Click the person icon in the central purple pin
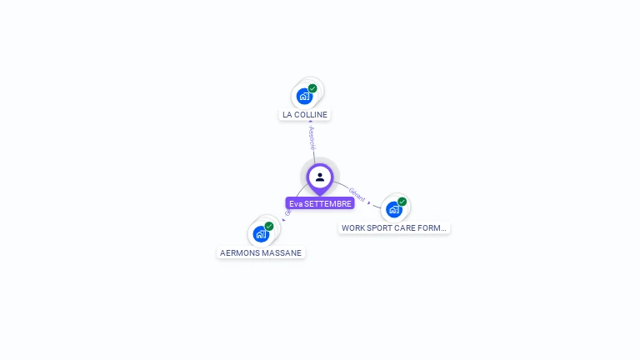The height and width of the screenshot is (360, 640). (320, 177)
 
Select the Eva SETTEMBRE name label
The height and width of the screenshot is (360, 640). (320, 203)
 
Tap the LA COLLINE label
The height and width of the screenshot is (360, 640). (305, 115)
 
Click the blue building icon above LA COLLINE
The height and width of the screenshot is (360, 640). (304, 97)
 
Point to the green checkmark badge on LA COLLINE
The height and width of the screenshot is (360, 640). (312, 88)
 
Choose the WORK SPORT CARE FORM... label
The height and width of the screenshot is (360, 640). (394, 227)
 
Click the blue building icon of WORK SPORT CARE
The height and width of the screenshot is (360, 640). (393, 209)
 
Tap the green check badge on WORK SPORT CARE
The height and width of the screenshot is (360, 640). (402, 202)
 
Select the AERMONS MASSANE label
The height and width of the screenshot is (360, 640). (261, 252)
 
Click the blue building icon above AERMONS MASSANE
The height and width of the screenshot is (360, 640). (260, 234)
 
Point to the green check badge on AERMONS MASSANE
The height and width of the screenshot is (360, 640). (268, 226)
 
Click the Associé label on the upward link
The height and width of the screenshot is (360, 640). (312, 137)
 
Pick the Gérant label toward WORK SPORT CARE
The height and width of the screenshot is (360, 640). (357, 195)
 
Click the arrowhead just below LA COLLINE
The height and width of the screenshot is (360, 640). (311, 122)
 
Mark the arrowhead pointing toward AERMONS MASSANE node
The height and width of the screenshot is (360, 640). (283, 220)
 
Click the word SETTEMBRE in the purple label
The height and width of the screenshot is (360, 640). (327, 203)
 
